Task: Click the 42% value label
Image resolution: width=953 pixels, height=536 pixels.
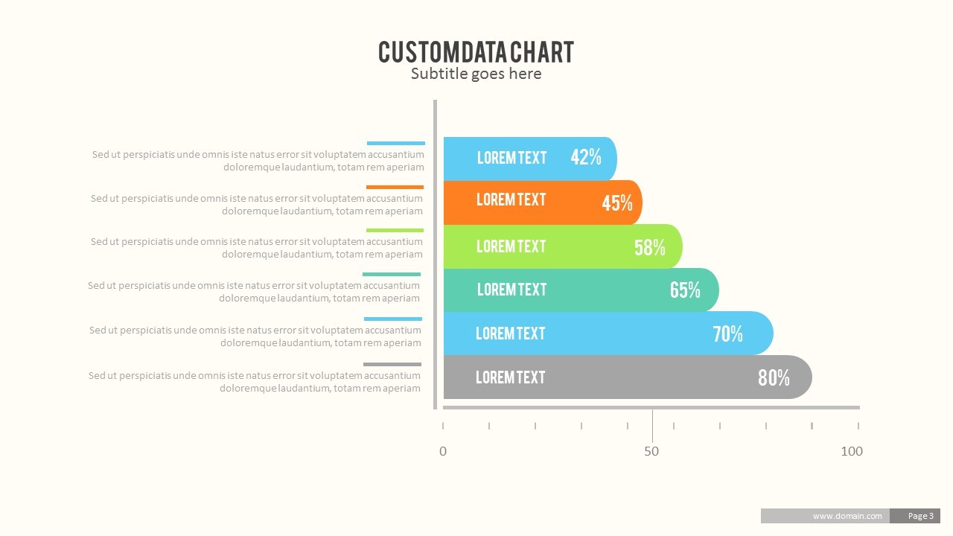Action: (586, 157)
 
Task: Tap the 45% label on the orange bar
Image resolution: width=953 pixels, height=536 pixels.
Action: (617, 202)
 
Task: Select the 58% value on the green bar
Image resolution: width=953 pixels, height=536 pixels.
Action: (650, 248)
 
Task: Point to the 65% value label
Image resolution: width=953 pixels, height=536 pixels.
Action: (685, 290)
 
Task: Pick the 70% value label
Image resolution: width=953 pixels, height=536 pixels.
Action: (727, 334)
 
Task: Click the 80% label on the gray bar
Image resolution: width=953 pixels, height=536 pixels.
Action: (774, 378)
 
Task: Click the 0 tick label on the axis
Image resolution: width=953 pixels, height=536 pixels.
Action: (443, 451)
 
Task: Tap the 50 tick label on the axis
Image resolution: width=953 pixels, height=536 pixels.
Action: (651, 451)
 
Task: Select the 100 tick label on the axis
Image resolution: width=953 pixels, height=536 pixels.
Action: (851, 451)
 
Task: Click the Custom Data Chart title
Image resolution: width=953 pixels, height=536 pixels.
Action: (476, 52)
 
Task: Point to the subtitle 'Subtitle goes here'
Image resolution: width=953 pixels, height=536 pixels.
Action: (476, 74)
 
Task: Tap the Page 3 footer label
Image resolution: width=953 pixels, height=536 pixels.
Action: (920, 516)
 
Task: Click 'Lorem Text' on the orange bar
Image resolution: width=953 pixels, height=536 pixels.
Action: (511, 200)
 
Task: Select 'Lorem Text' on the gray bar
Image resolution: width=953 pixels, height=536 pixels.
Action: (511, 377)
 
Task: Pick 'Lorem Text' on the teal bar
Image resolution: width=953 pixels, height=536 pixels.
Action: (511, 290)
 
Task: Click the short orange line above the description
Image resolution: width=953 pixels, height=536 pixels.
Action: (395, 187)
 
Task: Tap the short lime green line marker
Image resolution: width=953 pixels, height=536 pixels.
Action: (395, 231)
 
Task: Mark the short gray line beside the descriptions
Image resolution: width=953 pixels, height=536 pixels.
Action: (392, 364)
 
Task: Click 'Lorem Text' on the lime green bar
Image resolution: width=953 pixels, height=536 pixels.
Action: (511, 246)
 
